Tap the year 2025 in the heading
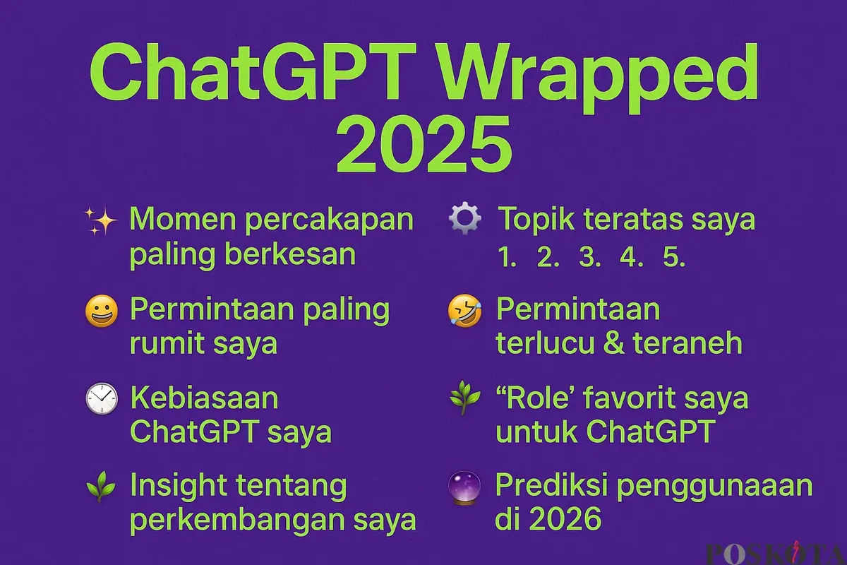pyautogui.click(x=424, y=144)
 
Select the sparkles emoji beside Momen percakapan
pyautogui.click(x=100, y=221)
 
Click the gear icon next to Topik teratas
pyautogui.click(x=464, y=218)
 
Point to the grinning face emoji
pyautogui.click(x=102, y=311)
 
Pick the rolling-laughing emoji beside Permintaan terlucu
pyautogui.click(x=464, y=311)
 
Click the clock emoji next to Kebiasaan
pyautogui.click(x=102, y=398)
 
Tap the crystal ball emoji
pyautogui.click(x=464, y=488)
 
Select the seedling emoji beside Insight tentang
pyautogui.click(x=100, y=487)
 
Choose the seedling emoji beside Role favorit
pyautogui.click(x=464, y=398)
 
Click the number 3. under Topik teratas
pyautogui.click(x=590, y=257)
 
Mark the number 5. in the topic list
pyautogui.click(x=674, y=257)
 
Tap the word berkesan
pyautogui.click(x=290, y=254)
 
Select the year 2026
pyautogui.click(x=565, y=518)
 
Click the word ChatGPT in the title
pyautogui.click(x=253, y=73)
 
